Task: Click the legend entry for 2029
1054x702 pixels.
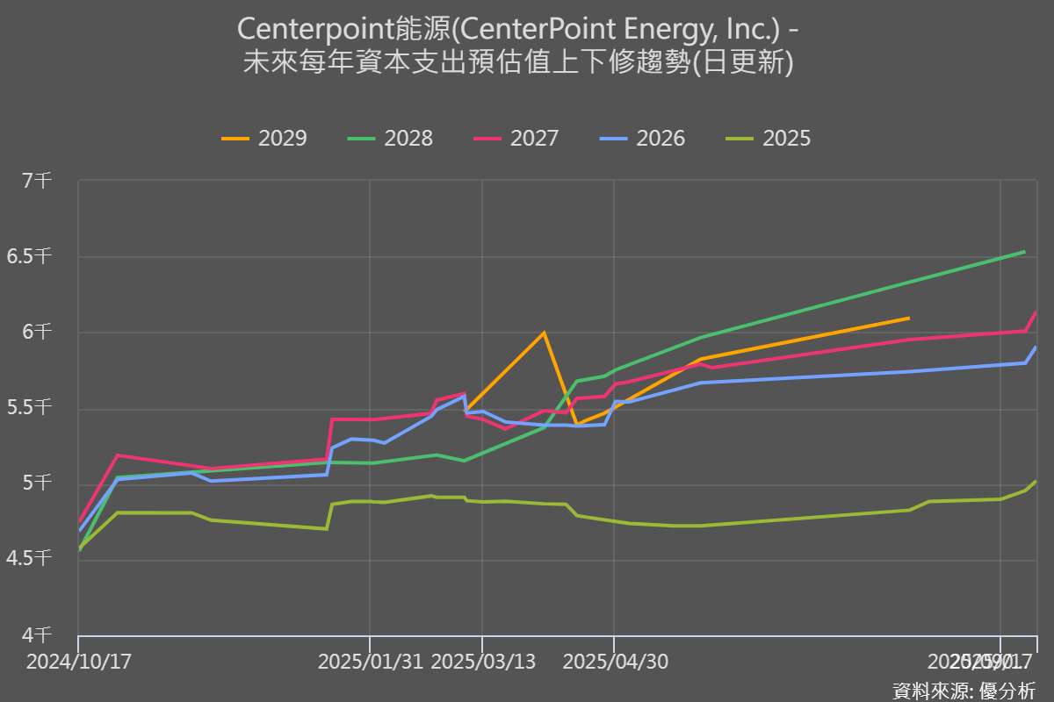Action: click(264, 139)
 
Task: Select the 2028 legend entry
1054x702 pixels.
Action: click(390, 139)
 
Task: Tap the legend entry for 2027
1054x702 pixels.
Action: click(516, 139)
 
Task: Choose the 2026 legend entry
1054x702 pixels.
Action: click(642, 139)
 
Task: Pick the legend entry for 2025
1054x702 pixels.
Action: click(769, 139)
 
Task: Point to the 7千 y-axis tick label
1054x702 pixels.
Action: click(38, 181)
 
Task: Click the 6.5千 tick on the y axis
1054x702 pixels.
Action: click(32, 256)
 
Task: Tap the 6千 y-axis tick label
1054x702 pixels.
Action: click(38, 332)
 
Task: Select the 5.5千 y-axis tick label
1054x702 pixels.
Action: click(32, 407)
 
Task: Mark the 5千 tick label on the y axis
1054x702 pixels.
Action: click(38, 483)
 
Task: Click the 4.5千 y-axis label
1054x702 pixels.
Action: click(32, 558)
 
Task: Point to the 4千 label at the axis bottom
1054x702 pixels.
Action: click(38, 634)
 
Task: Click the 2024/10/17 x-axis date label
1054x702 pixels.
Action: click(79, 662)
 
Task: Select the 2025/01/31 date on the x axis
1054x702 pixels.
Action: click(370, 662)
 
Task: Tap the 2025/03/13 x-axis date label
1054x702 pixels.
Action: click(483, 662)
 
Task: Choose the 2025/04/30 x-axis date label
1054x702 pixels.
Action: click(614, 662)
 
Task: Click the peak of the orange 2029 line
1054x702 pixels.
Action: click(544, 333)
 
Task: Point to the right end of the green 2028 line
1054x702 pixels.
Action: click(1025, 252)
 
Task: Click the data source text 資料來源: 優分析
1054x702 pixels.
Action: click(964, 691)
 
